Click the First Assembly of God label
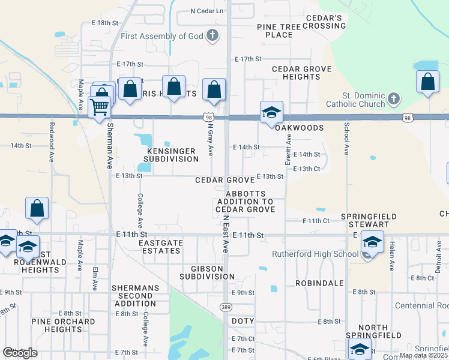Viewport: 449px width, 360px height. pyautogui.click(x=161, y=36)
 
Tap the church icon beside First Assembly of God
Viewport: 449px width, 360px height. pyautogui.click(x=212, y=36)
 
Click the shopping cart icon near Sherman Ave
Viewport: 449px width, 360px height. pyautogui.click(x=99, y=107)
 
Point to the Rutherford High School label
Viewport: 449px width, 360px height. pyautogui.click(x=315, y=254)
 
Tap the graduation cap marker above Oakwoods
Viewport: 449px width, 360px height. pyautogui.click(x=271, y=112)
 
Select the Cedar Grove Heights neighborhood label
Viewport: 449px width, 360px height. pyautogui.click(x=301, y=73)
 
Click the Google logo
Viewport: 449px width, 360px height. pyautogui.click(x=20, y=353)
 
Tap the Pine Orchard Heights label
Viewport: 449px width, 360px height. pyautogui.click(x=63, y=325)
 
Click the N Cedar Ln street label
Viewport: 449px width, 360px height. pyautogui.click(x=206, y=11)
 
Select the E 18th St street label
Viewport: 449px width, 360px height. pyautogui.click(x=105, y=22)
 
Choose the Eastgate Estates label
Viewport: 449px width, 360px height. pyautogui.click(x=159, y=247)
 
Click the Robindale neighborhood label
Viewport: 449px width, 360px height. pyautogui.click(x=319, y=283)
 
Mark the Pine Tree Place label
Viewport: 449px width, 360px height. pyautogui.click(x=275, y=31)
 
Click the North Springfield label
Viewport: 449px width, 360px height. pyautogui.click(x=373, y=331)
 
